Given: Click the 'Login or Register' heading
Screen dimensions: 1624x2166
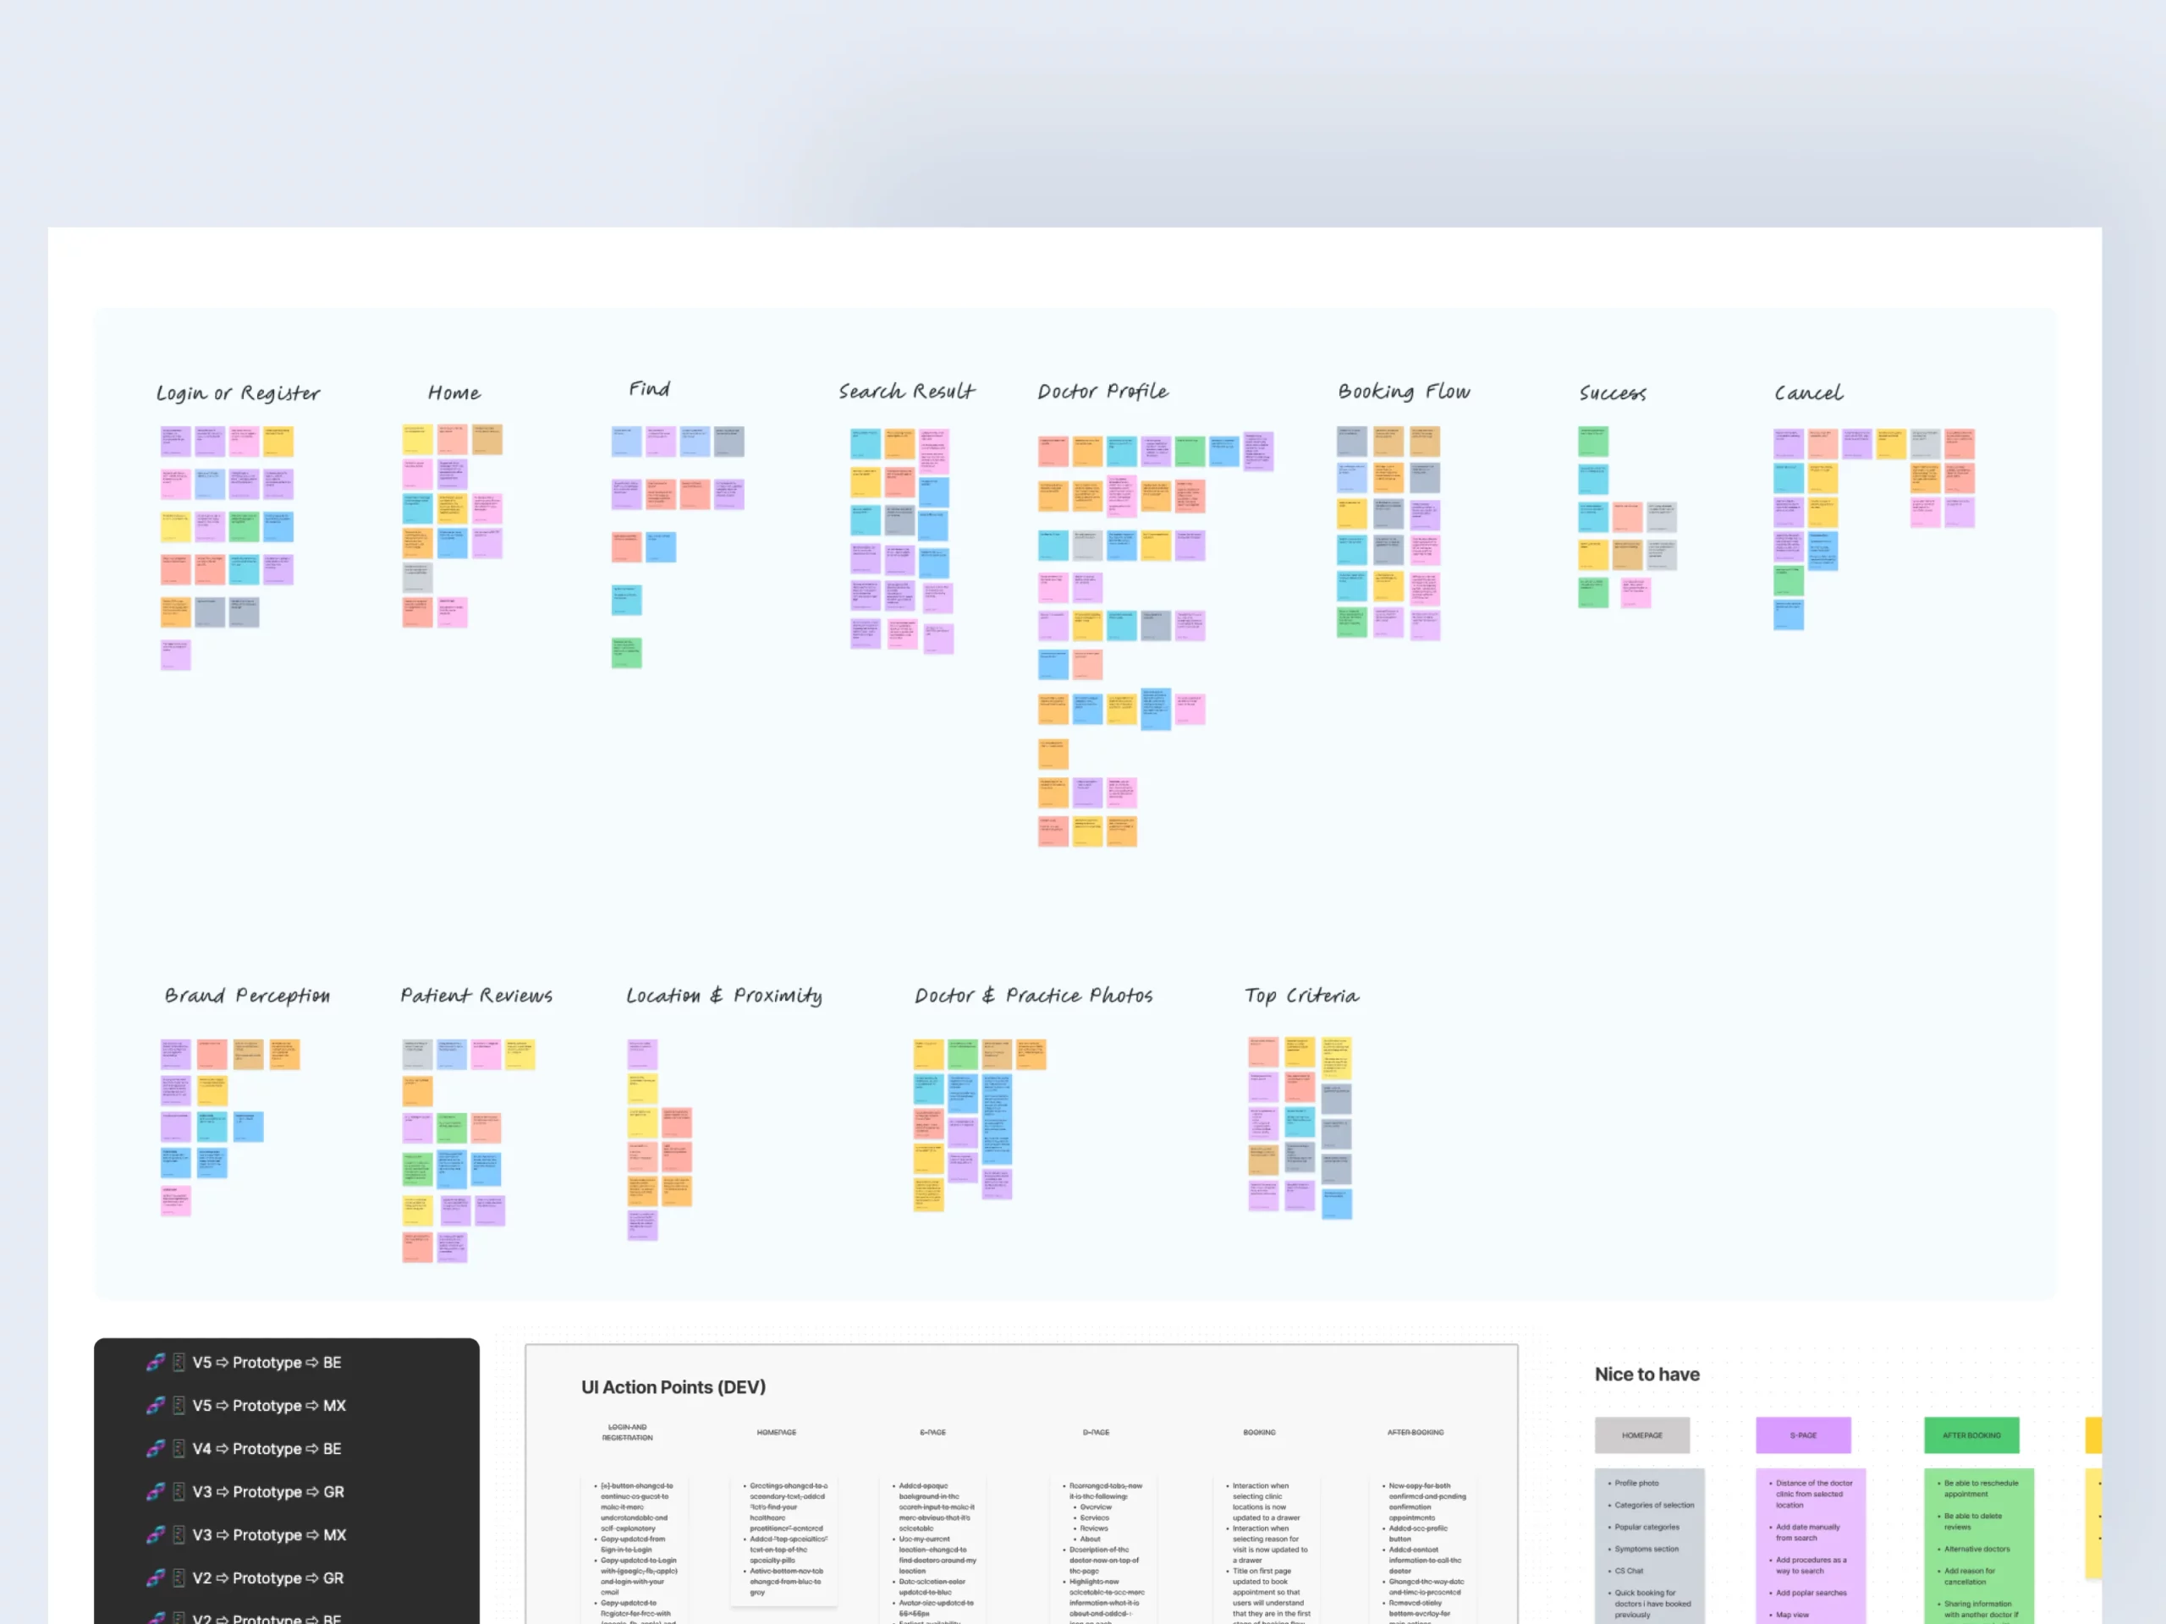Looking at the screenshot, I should click(x=238, y=393).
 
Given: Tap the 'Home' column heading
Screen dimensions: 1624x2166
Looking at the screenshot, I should click(x=454, y=393).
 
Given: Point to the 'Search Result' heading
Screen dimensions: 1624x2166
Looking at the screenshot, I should click(x=906, y=392).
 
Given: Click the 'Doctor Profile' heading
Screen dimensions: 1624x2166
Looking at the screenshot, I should click(x=1102, y=392).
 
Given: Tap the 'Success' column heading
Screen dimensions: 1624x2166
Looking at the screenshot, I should click(x=1612, y=393).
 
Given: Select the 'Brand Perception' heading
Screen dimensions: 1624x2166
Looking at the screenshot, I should click(x=247, y=996).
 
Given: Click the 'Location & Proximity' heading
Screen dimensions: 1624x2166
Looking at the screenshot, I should click(x=723, y=996).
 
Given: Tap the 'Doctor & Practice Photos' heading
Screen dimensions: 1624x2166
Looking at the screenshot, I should click(x=1033, y=996).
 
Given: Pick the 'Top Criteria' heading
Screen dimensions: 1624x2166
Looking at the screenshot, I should click(x=1301, y=996).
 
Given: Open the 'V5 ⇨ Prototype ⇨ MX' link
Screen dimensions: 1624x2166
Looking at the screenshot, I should click(x=268, y=1406).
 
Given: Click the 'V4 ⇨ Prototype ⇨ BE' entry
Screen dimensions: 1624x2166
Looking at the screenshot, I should click(x=267, y=1449).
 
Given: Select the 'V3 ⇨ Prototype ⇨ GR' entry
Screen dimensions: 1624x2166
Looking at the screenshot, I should click(x=267, y=1492).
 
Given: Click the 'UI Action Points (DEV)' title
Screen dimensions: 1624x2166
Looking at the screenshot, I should click(x=673, y=1387).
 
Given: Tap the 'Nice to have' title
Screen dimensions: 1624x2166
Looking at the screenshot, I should click(x=1647, y=1374).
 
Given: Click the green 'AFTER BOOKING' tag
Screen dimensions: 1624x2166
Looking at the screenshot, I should click(x=1971, y=1435).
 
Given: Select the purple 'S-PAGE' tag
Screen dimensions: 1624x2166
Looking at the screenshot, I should click(x=1803, y=1435).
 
